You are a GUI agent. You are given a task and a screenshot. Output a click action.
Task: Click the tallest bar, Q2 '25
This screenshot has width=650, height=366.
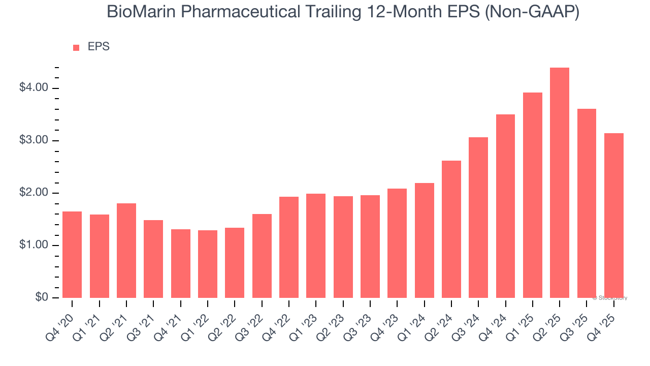click(559, 183)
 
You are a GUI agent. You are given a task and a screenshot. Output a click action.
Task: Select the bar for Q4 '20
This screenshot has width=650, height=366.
click(72, 254)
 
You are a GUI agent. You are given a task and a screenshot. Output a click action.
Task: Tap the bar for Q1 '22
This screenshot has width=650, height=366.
click(208, 264)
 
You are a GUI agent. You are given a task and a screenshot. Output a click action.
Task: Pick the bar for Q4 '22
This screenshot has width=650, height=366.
click(289, 247)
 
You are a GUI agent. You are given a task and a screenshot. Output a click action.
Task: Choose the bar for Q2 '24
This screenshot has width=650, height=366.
click(451, 229)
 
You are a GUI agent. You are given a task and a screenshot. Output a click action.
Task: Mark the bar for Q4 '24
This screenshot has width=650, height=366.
click(505, 206)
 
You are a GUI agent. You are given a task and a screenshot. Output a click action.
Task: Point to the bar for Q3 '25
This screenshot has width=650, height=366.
click(587, 203)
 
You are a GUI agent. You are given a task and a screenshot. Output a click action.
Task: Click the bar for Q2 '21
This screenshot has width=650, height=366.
click(126, 251)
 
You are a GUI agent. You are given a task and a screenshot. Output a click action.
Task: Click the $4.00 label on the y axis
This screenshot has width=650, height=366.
click(34, 88)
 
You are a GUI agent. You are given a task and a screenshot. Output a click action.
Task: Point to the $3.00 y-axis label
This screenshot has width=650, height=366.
click(34, 140)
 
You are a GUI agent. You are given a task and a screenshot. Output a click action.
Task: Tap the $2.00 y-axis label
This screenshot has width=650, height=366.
click(34, 193)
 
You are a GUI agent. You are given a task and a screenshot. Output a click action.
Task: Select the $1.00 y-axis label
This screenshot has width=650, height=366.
click(34, 245)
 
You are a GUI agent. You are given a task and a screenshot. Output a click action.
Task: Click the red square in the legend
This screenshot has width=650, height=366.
click(76, 47)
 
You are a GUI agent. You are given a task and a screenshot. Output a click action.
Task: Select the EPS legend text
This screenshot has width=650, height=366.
click(99, 47)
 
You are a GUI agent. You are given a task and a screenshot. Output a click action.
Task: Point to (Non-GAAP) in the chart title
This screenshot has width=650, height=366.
click(532, 12)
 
